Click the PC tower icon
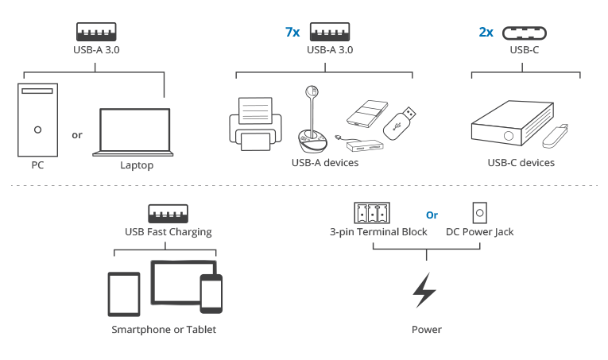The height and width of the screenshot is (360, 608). point(37,120)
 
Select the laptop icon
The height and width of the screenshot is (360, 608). point(133,132)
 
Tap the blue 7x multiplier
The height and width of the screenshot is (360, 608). point(292,32)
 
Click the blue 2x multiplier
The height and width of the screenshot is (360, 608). point(486,32)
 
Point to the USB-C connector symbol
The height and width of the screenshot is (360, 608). point(525,33)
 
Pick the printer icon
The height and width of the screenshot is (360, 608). point(256,124)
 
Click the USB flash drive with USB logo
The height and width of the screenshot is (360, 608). point(400,123)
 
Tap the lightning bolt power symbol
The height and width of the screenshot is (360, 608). point(425,290)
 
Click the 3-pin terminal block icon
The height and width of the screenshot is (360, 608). point(372,213)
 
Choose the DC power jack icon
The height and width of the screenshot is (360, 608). point(480,213)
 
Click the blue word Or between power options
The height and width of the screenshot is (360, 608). point(432,215)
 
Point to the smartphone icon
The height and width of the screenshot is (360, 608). point(211,293)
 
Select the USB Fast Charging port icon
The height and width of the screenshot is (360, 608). point(168,214)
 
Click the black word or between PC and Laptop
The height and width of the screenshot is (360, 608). point(77,135)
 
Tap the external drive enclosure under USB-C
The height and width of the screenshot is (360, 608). point(512,123)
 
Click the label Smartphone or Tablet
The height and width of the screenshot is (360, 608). point(164,329)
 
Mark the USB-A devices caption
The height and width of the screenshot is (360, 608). point(325,163)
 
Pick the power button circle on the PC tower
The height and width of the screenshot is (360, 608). point(37,130)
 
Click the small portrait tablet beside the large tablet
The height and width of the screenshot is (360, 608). point(124,295)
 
